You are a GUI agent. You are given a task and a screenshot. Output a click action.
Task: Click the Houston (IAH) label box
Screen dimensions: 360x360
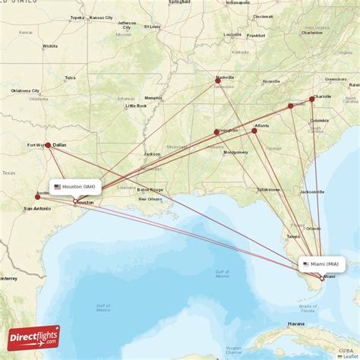pos(75,186)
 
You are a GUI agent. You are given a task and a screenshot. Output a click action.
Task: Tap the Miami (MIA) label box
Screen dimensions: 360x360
pos(322,264)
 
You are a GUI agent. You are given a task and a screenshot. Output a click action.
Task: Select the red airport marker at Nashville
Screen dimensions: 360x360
pos(218,81)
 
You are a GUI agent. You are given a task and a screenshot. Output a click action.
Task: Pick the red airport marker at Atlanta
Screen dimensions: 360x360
pos(254,131)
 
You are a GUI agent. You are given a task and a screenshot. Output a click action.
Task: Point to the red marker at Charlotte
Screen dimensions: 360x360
pos(312,99)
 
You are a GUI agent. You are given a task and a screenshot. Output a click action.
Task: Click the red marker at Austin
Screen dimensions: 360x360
pos(37,197)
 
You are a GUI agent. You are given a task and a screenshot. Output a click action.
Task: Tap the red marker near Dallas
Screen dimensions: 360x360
pos(48,145)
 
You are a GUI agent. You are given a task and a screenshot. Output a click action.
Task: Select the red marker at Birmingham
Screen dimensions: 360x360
pos(216,132)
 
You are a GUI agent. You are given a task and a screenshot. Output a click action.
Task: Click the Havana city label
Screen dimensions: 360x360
pos(296,324)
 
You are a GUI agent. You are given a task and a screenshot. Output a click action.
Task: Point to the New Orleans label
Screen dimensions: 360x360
pos(150,200)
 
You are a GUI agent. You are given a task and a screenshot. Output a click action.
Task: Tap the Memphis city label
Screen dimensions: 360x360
pos(153,97)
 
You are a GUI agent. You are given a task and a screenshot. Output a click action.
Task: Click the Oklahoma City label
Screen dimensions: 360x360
pos(25,90)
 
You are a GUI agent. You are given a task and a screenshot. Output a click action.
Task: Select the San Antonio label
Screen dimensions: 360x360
pos(37,208)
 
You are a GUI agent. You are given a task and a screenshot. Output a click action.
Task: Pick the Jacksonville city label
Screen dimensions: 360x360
pos(312,192)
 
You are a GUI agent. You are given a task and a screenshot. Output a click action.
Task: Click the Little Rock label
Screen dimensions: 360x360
pos(136,106)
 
